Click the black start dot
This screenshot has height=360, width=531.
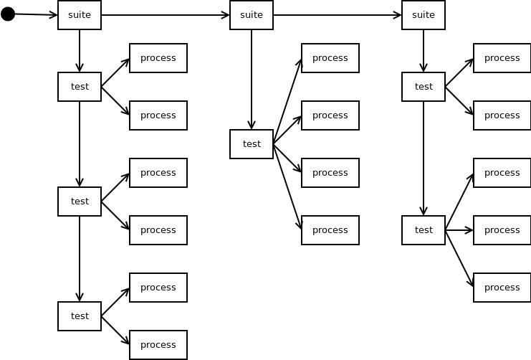(x=8, y=14)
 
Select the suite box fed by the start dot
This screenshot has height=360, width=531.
(x=80, y=15)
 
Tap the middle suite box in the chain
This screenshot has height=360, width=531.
(x=252, y=15)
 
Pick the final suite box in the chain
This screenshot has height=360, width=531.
(x=424, y=15)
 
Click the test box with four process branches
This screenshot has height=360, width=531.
(x=252, y=144)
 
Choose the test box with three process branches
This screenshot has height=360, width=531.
(x=424, y=230)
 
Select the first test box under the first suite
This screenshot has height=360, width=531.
(x=80, y=87)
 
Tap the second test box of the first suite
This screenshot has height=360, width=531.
(x=80, y=202)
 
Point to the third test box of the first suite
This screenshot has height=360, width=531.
(x=80, y=316)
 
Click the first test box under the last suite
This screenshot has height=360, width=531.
(x=424, y=87)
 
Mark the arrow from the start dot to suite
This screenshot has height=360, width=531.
(x=36, y=14)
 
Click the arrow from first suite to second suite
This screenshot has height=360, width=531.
(x=165, y=15)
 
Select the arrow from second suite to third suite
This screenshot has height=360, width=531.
(x=337, y=15)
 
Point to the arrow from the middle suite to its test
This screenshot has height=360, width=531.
(x=252, y=79)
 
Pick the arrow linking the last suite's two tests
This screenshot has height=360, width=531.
(x=424, y=158)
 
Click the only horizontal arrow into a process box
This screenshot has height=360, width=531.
(x=459, y=230)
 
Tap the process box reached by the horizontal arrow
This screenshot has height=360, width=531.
(x=502, y=230)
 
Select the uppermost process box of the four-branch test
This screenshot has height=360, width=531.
(x=330, y=58)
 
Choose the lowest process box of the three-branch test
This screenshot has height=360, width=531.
(x=502, y=288)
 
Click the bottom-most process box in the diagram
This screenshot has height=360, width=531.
(x=158, y=345)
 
